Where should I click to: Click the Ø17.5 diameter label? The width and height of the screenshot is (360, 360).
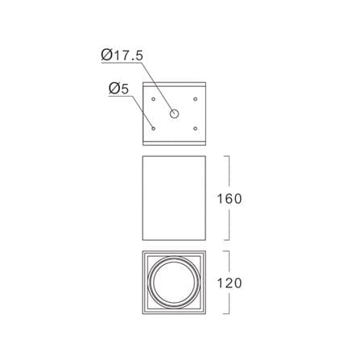[x=122, y=56]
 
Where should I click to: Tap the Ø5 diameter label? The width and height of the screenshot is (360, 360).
[x=119, y=89]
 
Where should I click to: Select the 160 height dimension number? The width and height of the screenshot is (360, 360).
[x=230, y=199]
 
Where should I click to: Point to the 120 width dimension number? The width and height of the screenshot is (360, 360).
[x=230, y=283]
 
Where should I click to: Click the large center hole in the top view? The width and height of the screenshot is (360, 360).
[x=174, y=114]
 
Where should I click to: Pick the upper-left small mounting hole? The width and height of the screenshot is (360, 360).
[x=153, y=99]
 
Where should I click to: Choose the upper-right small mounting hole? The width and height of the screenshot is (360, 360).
[x=196, y=99]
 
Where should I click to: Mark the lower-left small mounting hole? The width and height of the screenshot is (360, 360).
[x=153, y=129]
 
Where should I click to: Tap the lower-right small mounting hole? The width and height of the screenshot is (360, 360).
[x=196, y=129]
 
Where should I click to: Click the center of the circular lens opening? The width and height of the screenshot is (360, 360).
[x=174, y=283]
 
